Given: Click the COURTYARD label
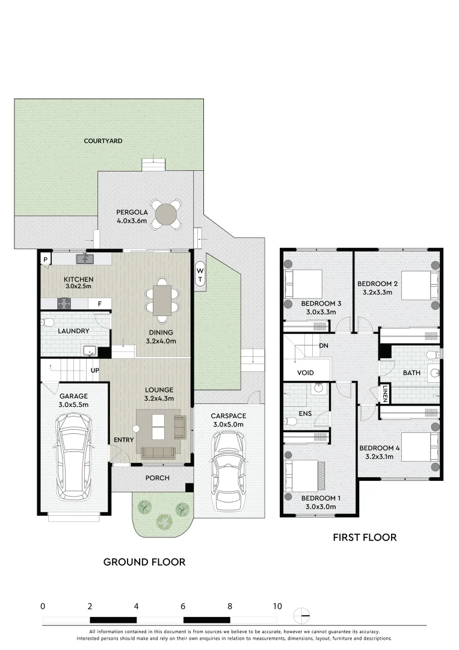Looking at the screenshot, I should pyautogui.click(x=103, y=141).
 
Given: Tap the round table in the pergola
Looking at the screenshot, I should pyautogui.click(x=166, y=214).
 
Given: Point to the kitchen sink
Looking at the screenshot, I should pyautogui.click(x=85, y=258).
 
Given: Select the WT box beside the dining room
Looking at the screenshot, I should pyautogui.click(x=200, y=276).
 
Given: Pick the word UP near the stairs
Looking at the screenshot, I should pyautogui.click(x=94, y=370).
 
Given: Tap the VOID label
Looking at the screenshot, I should pyautogui.click(x=306, y=373).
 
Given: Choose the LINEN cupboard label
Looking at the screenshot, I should pyautogui.click(x=384, y=396).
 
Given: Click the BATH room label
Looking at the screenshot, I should pyautogui.click(x=411, y=373).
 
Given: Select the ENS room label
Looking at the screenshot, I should pyautogui.click(x=304, y=414).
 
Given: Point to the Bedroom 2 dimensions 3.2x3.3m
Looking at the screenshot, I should pyautogui.click(x=377, y=292).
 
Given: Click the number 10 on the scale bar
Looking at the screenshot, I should pyautogui.click(x=277, y=606).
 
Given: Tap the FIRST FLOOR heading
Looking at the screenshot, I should pyautogui.click(x=365, y=537).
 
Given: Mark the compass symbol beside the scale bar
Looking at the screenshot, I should pyautogui.click(x=301, y=616).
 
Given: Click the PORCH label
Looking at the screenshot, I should pyautogui.click(x=157, y=478).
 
